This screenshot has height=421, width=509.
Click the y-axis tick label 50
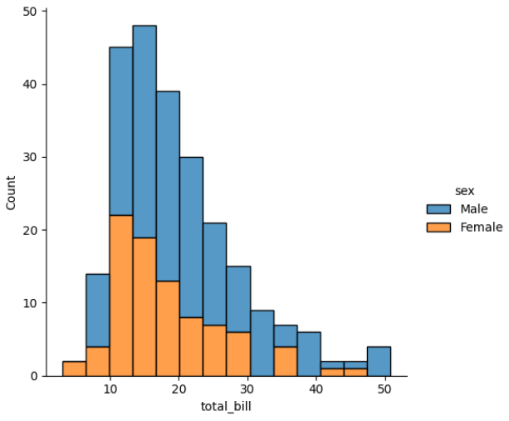29,12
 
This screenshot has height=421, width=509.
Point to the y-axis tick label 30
29,157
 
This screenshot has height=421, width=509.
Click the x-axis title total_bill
225,408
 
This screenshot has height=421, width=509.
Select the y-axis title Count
11,193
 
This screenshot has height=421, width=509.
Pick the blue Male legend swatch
438,208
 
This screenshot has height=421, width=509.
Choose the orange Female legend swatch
438,227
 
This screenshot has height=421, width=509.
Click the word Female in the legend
481,227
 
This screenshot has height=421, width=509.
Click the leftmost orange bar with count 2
74,369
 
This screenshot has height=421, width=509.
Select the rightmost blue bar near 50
379,361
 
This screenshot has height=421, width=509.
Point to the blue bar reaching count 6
309,354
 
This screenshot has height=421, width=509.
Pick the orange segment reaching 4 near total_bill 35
285,361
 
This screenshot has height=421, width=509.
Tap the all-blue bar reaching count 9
262,343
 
